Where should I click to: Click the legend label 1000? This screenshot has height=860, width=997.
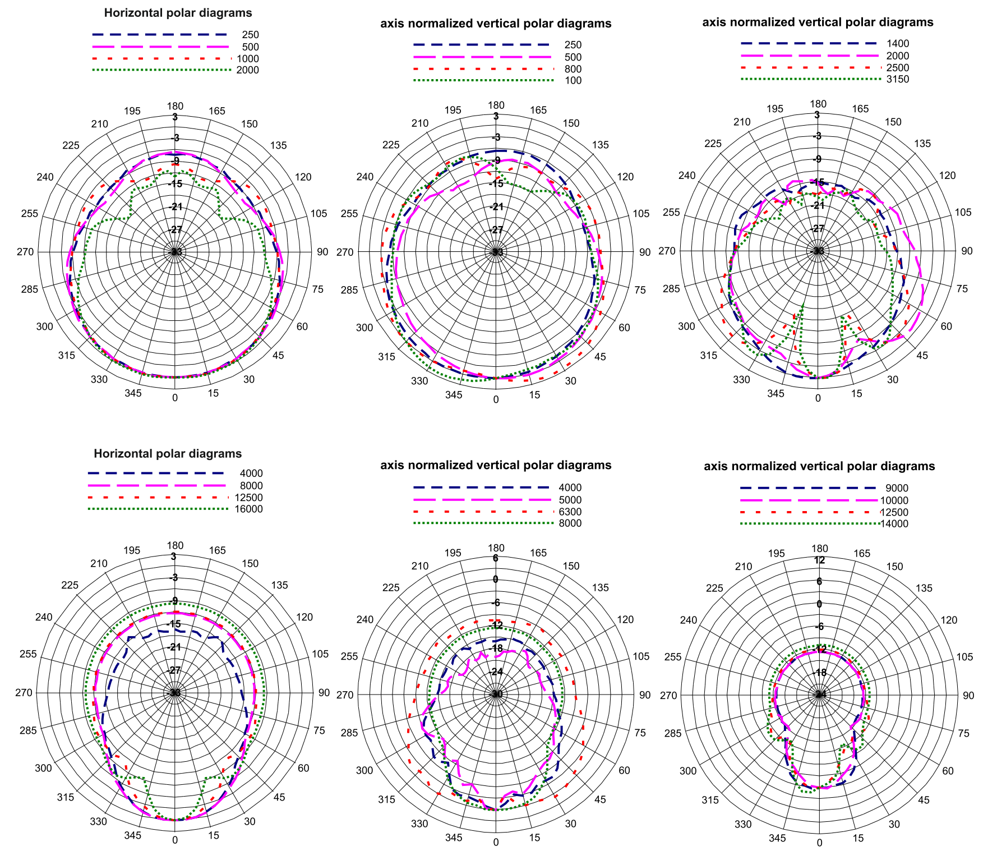pyautogui.click(x=247, y=59)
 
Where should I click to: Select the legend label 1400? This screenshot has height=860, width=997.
pyautogui.click(x=898, y=44)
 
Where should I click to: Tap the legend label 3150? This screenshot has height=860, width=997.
pyautogui.click(x=898, y=79)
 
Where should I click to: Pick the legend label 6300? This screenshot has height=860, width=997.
pyautogui.click(x=570, y=512)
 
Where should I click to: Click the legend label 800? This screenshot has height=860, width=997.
pyautogui.click(x=573, y=69)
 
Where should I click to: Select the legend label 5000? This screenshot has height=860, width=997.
pyautogui.click(x=570, y=500)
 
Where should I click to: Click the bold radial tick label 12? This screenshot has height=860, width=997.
pyautogui.click(x=819, y=560)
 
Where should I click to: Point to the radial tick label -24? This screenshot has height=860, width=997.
pyautogui.click(x=496, y=672)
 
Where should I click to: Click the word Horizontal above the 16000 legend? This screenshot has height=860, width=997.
pyautogui.click(x=121, y=453)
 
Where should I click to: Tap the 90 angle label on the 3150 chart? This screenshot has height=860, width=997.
pyautogui.click(x=967, y=251)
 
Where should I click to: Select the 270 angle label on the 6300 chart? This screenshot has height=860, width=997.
pyautogui.click(x=345, y=695)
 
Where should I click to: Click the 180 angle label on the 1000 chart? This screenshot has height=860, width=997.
pyautogui.click(x=175, y=106)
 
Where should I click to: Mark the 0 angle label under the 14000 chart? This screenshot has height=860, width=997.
pyautogui.click(x=819, y=843)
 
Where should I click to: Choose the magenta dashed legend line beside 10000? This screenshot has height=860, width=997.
pyautogui.click(x=808, y=500)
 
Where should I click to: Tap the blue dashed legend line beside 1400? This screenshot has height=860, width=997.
pyautogui.click(x=808, y=43)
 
